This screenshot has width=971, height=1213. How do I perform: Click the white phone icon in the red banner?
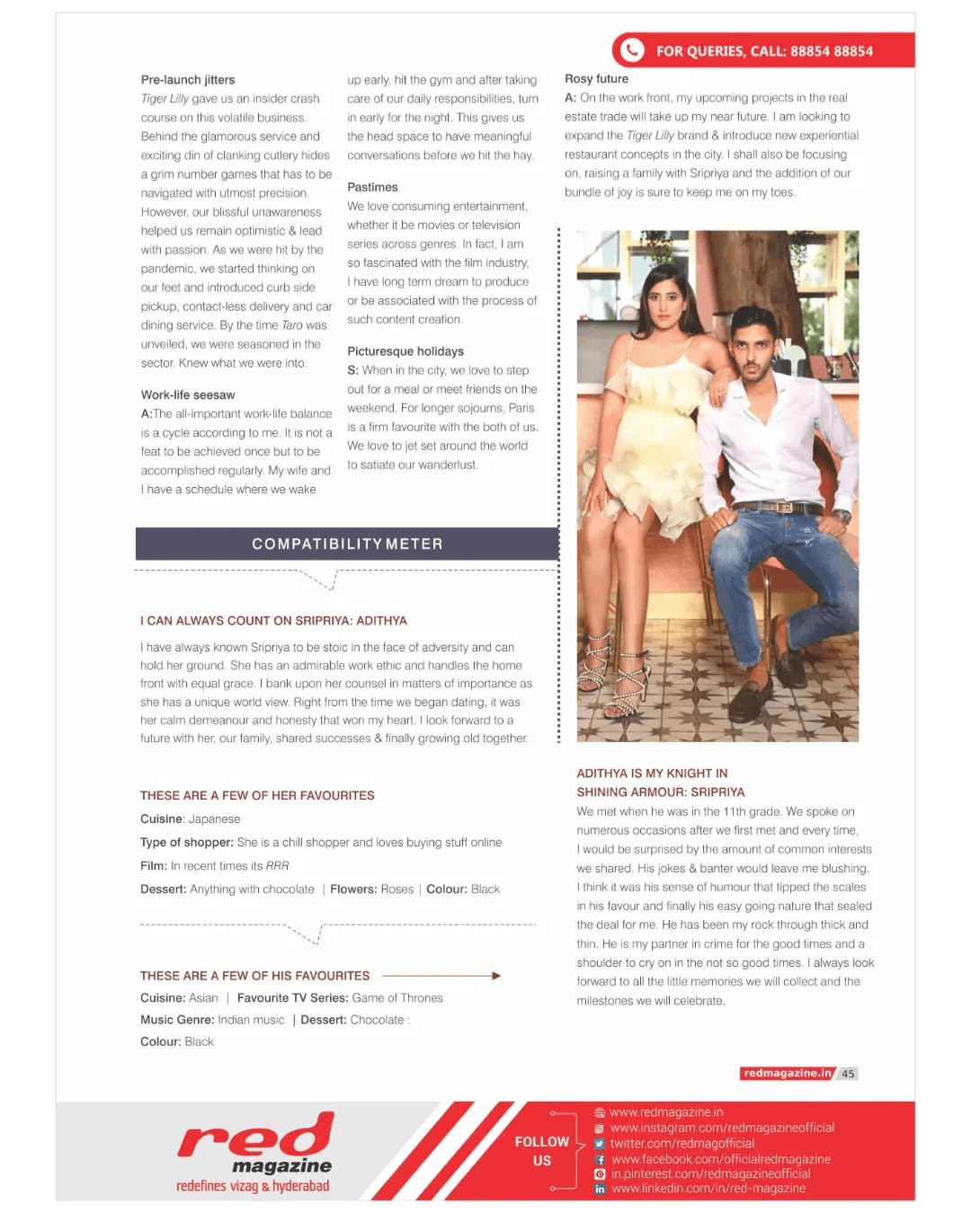(x=632, y=50)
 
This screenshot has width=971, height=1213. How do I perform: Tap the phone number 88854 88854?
(x=832, y=51)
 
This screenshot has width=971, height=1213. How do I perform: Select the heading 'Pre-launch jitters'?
(x=188, y=80)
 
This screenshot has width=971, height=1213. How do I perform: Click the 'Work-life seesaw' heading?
(x=188, y=395)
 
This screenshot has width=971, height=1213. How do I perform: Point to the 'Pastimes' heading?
(x=372, y=187)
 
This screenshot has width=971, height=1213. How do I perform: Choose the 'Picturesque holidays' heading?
(x=405, y=351)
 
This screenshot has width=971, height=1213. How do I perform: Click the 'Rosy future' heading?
(x=596, y=79)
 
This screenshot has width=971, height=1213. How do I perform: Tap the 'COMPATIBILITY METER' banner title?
(x=347, y=544)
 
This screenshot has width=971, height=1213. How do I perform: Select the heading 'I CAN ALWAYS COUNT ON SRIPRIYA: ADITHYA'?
(x=273, y=621)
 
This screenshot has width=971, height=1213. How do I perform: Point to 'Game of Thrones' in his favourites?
(x=397, y=998)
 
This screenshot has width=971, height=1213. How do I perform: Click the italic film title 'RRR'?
(x=277, y=866)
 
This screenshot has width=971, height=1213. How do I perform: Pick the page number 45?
(x=848, y=1074)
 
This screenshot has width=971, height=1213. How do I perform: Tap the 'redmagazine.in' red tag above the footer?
(x=788, y=1074)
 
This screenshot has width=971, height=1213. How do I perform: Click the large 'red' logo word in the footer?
(x=256, y=1138)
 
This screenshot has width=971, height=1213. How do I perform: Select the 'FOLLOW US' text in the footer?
(x=541, y=1151)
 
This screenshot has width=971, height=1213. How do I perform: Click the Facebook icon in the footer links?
(x=600, y=1160)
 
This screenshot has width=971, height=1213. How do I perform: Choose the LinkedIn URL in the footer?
(x=708, y=1189)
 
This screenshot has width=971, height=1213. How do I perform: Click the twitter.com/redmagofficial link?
(x=682, y=1144)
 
